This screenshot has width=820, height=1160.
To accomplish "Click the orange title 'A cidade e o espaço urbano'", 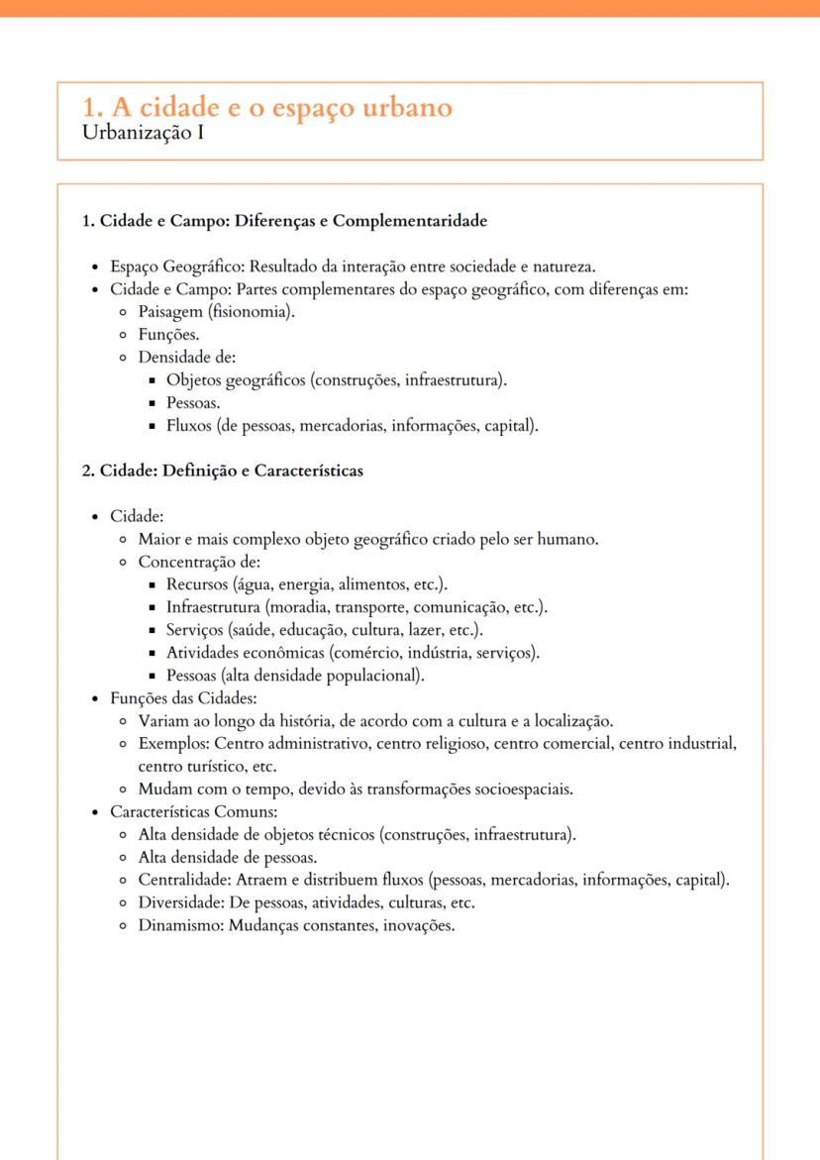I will point(279,107).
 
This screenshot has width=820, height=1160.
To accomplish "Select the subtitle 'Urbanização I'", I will point(144,132).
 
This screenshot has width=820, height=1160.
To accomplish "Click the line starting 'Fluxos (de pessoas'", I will point(352,426).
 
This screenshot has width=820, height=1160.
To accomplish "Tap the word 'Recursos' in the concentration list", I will point(198,584).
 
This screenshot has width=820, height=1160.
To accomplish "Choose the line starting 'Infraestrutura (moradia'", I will point(357,607).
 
